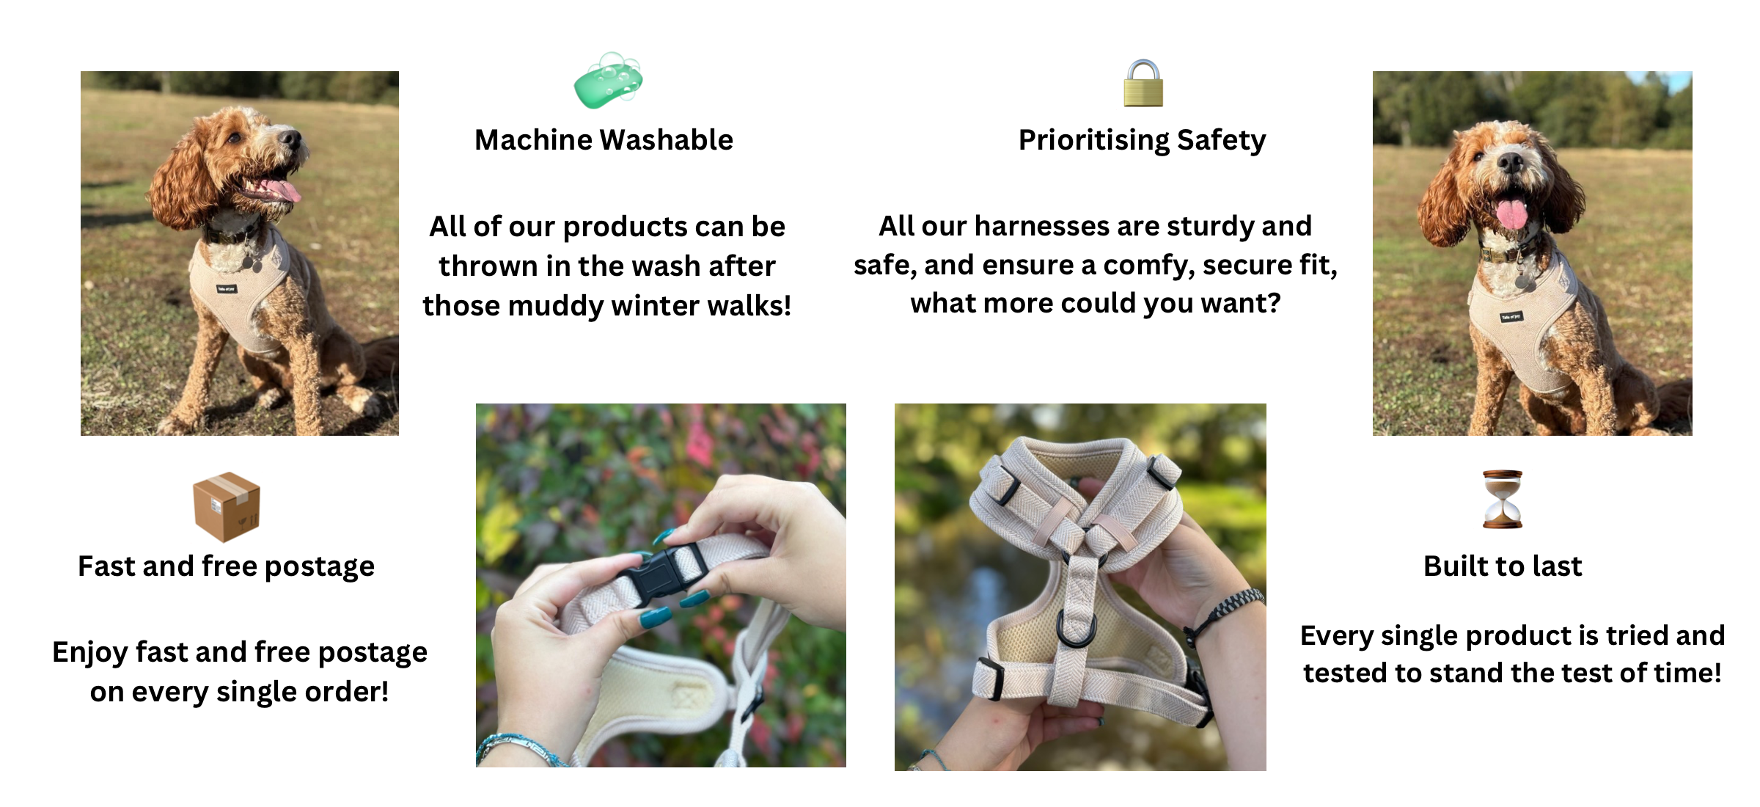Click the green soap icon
coord(608,81)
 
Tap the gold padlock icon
coord(1143,83)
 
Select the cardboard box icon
coord(227,506)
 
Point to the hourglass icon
coord(1503,499)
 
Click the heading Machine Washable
coord(604,139)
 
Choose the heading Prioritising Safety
coord(1142,141)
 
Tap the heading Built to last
coord(1503,566)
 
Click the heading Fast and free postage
coord(226,567)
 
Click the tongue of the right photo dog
coord(1511,213)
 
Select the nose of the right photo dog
coord(1510,162)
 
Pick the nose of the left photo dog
coord(291,138)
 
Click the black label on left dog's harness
coord(227,289)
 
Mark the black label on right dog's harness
coord(1511,317)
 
